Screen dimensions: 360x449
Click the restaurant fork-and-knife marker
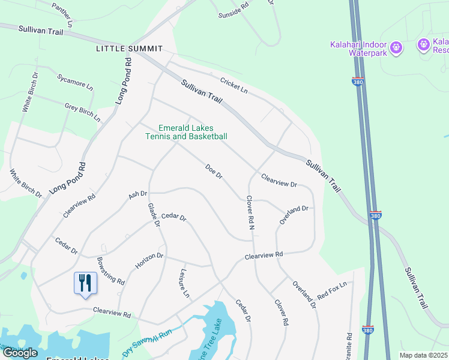85,283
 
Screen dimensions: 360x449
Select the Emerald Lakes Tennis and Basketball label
186,132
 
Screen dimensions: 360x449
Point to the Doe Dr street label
214,172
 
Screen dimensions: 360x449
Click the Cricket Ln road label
234,85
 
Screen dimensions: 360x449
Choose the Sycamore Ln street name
75,82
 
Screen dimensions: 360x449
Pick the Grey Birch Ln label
82,112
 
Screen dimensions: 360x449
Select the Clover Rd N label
250,213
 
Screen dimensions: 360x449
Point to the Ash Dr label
138,195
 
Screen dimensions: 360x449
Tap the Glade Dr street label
154,214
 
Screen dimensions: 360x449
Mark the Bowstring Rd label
110,271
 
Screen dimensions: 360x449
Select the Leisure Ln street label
184,283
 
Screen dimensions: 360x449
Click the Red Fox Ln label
332,290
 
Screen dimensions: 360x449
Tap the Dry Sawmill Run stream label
147,342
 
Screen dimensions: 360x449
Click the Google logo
20,353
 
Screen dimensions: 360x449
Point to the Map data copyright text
424,355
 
